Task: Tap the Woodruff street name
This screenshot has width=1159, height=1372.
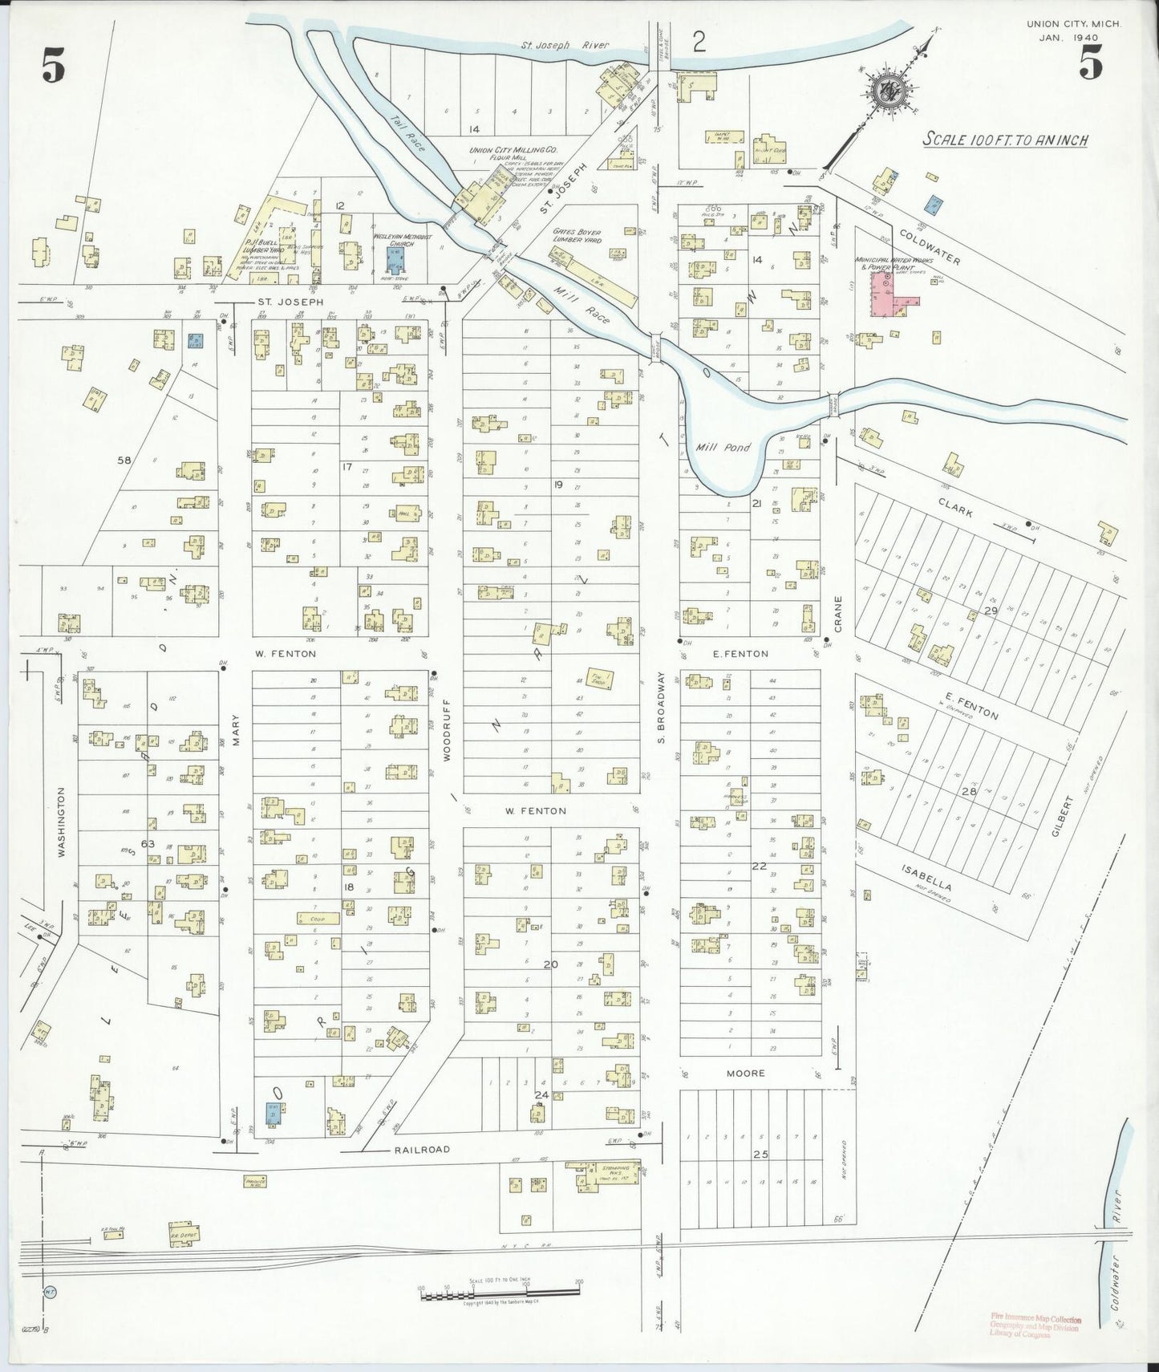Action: [448, 729]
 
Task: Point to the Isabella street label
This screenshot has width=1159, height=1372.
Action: [926, 879]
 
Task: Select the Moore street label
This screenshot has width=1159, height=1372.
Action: [746, 1073]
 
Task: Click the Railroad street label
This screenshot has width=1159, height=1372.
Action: [421, 1149]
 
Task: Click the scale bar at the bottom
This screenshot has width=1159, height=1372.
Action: [499, 1293]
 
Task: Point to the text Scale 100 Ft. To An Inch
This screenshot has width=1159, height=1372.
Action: [1005, 140]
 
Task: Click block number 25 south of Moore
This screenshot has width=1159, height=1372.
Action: [760, 1154]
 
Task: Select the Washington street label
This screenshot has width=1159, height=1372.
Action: [61, 822]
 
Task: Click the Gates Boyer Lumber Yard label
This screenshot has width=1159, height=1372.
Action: [577, 237]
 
